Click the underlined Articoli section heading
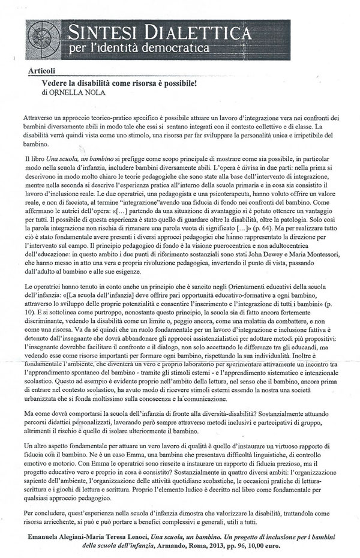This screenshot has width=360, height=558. tap(40, 70)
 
